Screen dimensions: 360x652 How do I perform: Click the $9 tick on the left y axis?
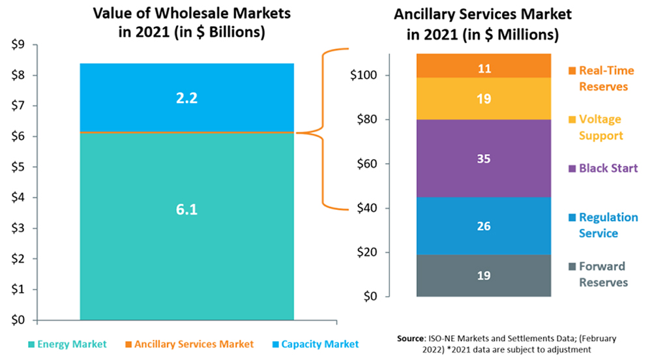point(19,45)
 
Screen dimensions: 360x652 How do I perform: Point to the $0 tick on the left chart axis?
point(19,320)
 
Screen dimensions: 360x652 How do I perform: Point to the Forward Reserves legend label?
point(602,274)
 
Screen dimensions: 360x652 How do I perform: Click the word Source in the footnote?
point(413,339)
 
